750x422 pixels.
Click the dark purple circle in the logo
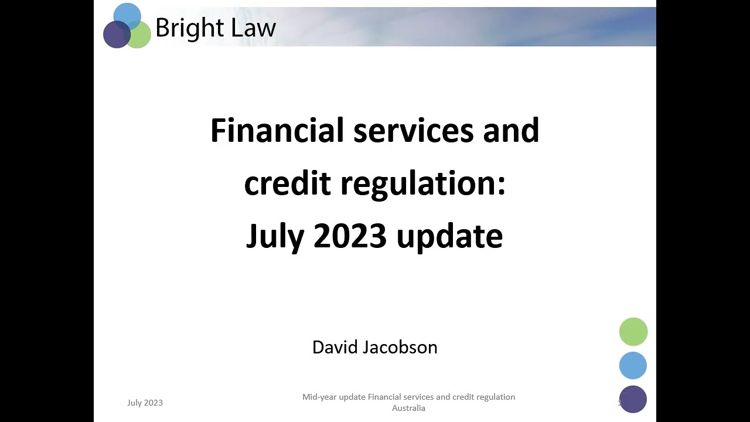[x=116, y=35]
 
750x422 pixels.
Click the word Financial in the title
[x=277, y=130]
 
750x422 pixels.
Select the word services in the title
[x=413, y=130]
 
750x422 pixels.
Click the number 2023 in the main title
[x=350, y=236]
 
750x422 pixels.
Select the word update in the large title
[x=449, y=236]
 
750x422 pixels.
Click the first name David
[x=335, y=347]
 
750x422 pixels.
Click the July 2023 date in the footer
[x=145, y=403]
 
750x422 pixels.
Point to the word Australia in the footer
[x=408, y=408]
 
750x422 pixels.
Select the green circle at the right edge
[x=633, y=332]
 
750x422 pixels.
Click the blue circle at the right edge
[x=633, y=365]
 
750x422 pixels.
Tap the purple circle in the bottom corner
[x=633, y=399]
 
